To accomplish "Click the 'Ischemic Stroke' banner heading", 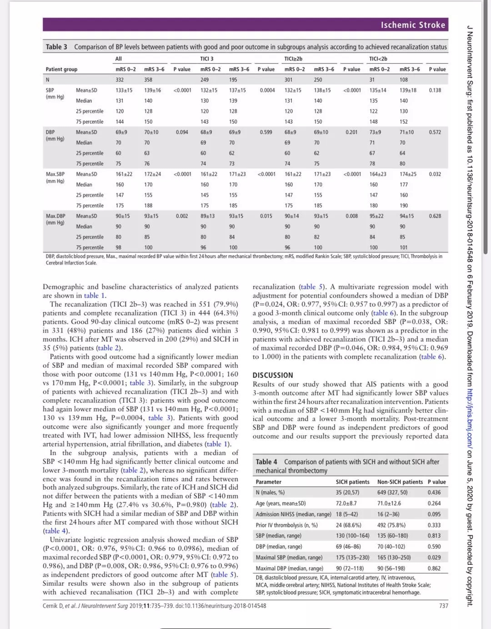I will point(413,25).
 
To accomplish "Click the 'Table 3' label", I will point(56,47).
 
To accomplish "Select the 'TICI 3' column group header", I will point(207,59).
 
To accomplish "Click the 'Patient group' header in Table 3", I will point(61,69).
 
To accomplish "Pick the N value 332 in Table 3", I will point(120,80).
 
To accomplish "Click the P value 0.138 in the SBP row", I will point(435,90).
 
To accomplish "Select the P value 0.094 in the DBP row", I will point(182,132).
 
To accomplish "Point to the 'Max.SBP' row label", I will point(55,174).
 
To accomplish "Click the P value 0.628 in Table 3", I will point(435,216).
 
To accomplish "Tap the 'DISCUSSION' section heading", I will point(273,375).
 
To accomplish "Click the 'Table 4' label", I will point(266,462).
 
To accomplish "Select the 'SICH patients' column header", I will point(352,482).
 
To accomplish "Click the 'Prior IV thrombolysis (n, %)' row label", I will point(286,525).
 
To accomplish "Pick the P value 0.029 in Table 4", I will point(434,557).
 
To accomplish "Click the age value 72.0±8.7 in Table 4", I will point(346,503).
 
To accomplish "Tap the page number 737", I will point(444,606).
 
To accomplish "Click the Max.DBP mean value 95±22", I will point(376,216).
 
